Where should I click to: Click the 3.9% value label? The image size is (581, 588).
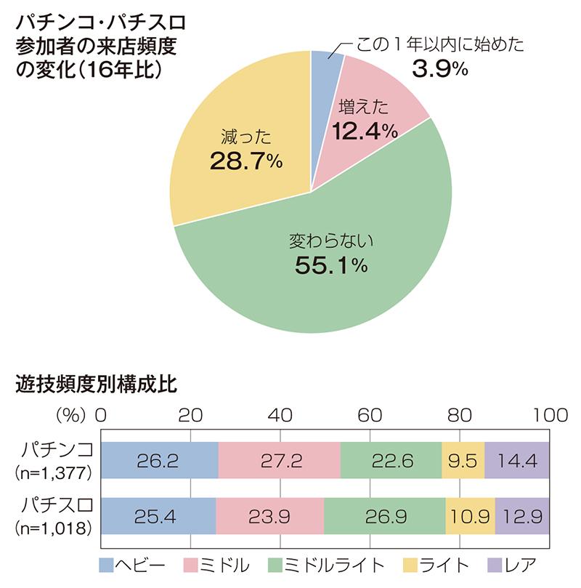coord(439,70)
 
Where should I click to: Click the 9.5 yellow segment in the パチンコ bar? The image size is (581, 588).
coord(463,459)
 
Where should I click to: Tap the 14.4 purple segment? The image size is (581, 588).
coord(516,459)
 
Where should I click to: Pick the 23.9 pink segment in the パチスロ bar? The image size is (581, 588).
coord(270,516)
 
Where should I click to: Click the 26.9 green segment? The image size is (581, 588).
coord(385,516)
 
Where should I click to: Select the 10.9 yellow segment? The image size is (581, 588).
coord(470,516)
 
